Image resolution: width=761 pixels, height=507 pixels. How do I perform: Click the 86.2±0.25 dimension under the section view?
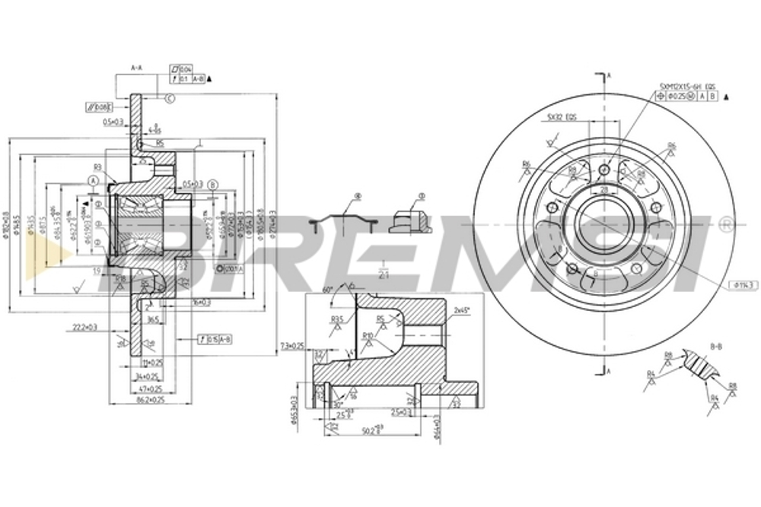point(150,398)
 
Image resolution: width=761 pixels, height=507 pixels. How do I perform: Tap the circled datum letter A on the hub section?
point(93,181)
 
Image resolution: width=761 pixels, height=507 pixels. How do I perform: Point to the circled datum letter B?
point(213,185)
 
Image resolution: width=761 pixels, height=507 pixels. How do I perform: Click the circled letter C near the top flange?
point(169,98)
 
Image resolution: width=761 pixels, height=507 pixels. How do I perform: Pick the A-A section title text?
point(137,68)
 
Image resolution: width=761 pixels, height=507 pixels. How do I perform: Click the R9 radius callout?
point(98,166)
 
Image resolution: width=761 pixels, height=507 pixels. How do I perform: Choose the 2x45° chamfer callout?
point(461,311)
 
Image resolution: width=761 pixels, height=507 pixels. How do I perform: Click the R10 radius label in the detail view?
point(368,334)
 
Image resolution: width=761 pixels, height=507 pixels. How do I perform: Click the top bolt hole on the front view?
point(605,169)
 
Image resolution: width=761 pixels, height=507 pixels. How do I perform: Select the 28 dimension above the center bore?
point(603,189)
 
